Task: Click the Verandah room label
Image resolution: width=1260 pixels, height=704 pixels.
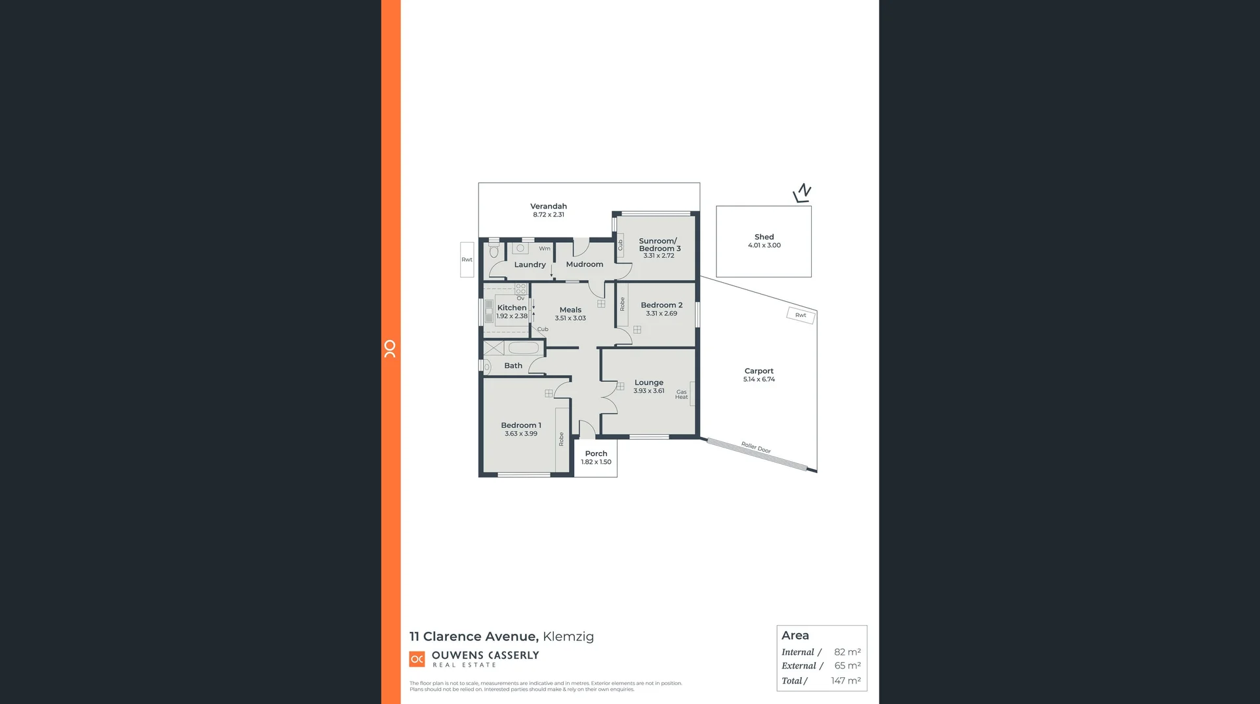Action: [x=549, y=206]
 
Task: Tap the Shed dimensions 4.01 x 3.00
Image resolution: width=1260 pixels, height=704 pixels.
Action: [x=765, y=245]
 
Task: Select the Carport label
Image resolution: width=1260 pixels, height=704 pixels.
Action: [x=759, y=371]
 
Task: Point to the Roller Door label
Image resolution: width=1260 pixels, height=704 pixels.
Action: [x=756, y=447]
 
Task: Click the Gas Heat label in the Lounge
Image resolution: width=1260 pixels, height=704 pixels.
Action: [x=682, y=394]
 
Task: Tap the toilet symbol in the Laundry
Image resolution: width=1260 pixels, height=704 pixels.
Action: [x=494, y=251]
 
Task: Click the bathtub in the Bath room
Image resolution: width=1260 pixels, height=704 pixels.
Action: [x=524, y=348]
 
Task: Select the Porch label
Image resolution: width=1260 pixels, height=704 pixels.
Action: [x=596, y=453]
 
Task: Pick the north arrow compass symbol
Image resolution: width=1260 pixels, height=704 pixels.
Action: [x=802, y=193]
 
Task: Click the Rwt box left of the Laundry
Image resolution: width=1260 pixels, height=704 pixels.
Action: [x=467, y=260]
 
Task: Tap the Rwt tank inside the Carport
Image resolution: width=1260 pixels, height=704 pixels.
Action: [x=801, y=316]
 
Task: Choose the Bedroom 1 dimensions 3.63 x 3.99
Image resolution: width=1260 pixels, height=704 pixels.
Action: [x=521, y=434]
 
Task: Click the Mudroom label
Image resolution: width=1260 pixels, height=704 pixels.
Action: [x=584, y=264]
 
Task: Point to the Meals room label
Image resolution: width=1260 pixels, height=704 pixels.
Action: [x=570, y=310]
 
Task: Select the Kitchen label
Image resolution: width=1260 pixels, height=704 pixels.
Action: [x=512, y=308]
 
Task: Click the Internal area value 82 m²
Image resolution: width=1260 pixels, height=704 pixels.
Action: [x=847, y=652]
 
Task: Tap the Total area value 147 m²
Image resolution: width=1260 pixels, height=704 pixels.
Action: [x=846, y=681]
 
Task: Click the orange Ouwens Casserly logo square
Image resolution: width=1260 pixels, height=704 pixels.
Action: [x=417, y=659]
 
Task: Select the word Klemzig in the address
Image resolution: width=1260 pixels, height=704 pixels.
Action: [x=568, y=636]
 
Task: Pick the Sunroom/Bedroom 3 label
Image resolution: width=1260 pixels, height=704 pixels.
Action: [x=659, y=245]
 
